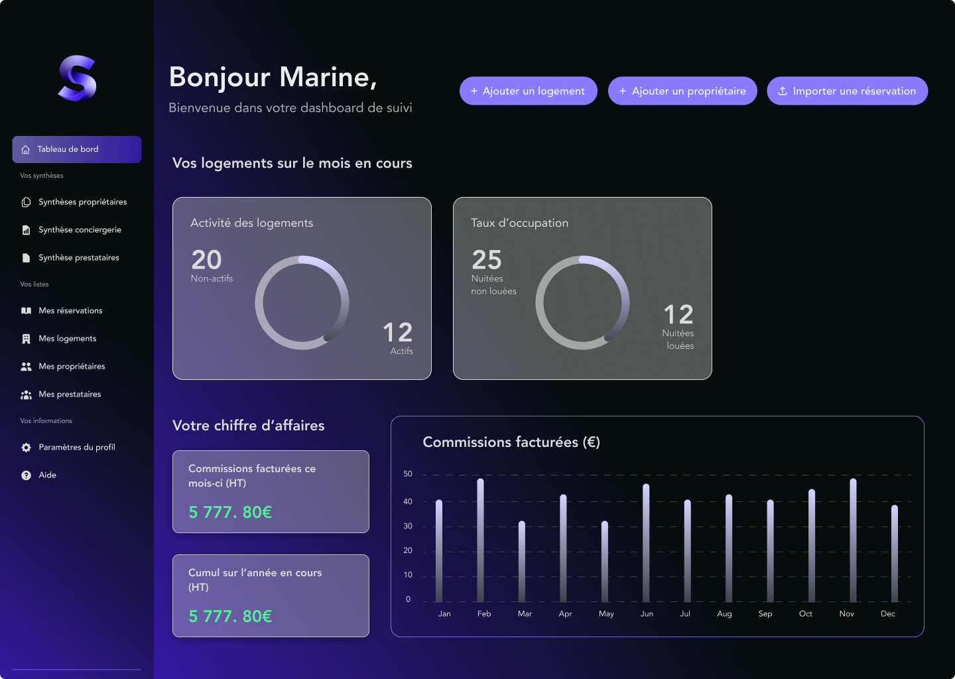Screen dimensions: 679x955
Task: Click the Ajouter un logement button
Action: pyautogui.click(x=528, y=91)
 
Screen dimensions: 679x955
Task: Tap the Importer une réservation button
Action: pyautogui.click(x=847, y=91)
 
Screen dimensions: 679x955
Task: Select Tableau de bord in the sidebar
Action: pyautogui.click(x=77, y=149)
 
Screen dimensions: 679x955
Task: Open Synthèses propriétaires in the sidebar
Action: pyautogui.click(x=82, y=202)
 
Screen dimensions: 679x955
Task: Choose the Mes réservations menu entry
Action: pyautogui.click(x=70, y=311)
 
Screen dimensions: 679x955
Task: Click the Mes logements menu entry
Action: pyautogui.click(x=67, y=339)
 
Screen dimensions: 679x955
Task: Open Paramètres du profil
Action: pyautogui.click(x=76, y=448)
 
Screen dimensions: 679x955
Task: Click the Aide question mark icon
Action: pyautogui.click(x=27, y=475)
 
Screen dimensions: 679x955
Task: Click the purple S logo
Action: pyautogui.click(x=78, y=78)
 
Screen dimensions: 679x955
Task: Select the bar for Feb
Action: pyautogui.click(x=480, y=540)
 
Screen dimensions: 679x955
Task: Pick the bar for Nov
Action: pyautogui.click(x=853, y=540)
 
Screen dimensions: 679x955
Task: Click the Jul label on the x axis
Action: pyautogui.click(x=685, y=614)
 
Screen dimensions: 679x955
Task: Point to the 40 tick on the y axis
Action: pyautogui.click(x=408, y=502)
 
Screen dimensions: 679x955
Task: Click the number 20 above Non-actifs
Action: pyautogui.click(x=206, y=260)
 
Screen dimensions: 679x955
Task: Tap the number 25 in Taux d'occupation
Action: pyautogui.click(x=487, y=260)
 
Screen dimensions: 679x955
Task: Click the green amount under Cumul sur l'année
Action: pyautogui.click(x=230, y=617)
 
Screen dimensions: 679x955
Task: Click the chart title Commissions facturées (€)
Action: pyautogui.click(x=511, y=442)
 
